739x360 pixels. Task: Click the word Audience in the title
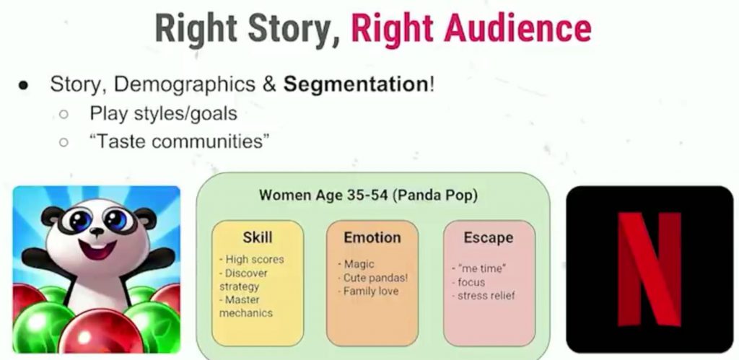pyautogui.click(x=517, y=29)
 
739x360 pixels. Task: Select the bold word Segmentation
pyautogui.click(x=356, y=84)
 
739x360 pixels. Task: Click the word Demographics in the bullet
pyautogui.click(x=185, y=85)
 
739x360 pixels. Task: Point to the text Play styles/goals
pyautogui.click(x=164, y=113)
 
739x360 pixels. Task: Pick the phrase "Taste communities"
pyautogui.click(x=180, y=141)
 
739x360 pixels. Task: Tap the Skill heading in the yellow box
pyautogui.click(x=258, y=237)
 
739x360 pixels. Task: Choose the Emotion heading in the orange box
pyautogui.click(x=372, y=237)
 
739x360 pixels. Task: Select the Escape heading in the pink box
pyautogui.click(x=488, y=237)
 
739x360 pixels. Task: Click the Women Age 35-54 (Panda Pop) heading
pyautogui.click(x=368, y=195)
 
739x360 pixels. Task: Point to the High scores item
pyautogui.click(x=252, y=260)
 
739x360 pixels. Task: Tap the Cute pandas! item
pyautogui.click(x=372, y=278)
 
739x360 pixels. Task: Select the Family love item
pyautogui.click(x=368, y=291)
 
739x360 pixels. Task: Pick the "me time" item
pyautogui.click(x=479, y=269)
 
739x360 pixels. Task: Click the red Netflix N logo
pyautogui.click(x=650, y=269)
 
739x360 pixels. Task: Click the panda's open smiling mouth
pyautogui.click(x=97, y=248)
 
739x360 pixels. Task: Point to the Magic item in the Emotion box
pyautogui.click(x=356, y=264)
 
